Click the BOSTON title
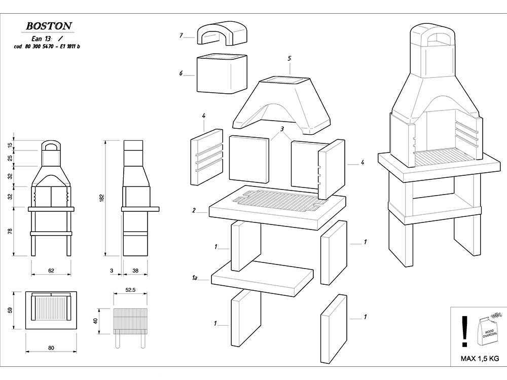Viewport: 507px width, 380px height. click(x=49, y=25)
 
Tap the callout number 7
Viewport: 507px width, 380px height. click(x=181, y=35)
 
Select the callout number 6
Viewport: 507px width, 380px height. click(x=181, y=73)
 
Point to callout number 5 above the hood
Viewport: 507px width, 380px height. click(x=289, y=58)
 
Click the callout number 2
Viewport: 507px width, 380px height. click(x=194, y=210)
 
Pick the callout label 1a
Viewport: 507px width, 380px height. click(x=194, y=278)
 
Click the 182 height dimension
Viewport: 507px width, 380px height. click(x=101, y=198)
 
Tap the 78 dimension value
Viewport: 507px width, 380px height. click(x=11, y=231)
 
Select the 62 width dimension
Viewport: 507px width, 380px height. click(x=51, y=271)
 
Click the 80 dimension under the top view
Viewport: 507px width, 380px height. click(x=51, y=348)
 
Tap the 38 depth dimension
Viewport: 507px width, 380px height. click(x=135, y=271)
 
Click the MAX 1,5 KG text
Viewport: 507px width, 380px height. click(x=479, y=359)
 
